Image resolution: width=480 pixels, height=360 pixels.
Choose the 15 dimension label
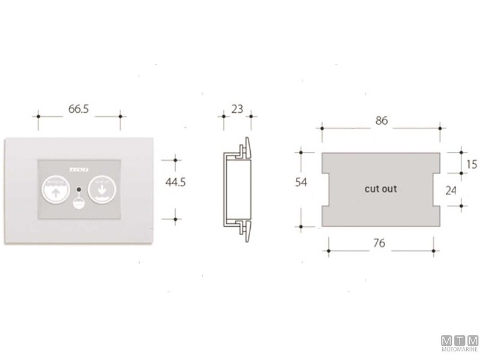pyautogui.click(x=471, y=164)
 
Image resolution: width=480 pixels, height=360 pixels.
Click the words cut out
pyautogui.click(x=381, y=189)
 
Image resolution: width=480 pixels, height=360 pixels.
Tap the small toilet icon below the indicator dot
pyautogui.click(x=78, y=204)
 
